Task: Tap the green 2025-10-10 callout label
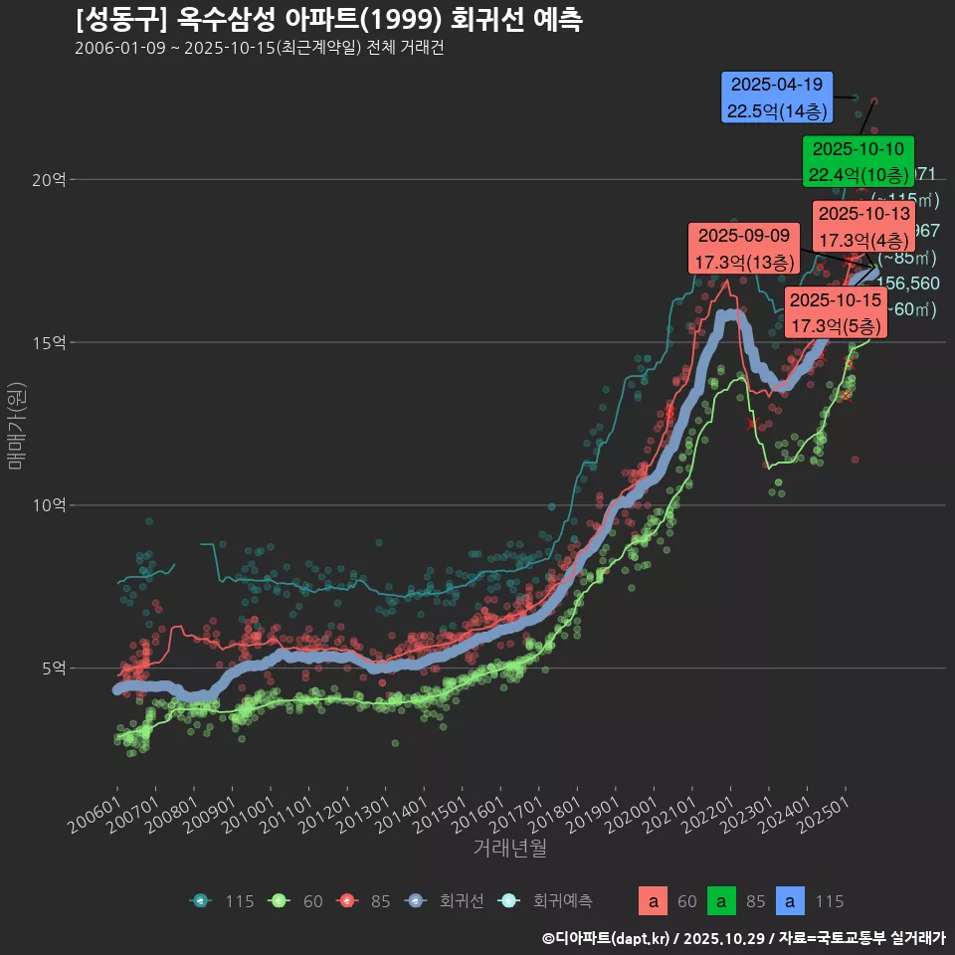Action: (858, 162)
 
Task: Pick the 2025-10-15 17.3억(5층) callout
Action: (835, 312)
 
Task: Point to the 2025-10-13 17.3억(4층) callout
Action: (862, 227)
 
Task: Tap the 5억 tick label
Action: (52, 668)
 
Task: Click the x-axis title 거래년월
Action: (509, 848)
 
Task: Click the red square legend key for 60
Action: (653, 901)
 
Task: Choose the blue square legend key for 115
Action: (790, 901)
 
